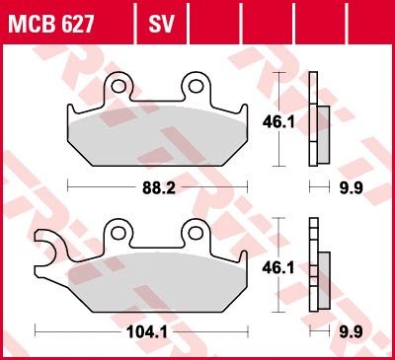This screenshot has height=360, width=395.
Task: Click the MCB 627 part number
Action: coord(51,24)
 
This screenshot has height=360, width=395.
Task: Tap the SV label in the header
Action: coord(161,24)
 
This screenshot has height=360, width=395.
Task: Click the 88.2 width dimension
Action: coord(159,188)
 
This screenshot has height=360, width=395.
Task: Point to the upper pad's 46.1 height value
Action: coord(278,122)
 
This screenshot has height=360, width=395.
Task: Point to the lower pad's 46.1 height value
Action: coord(278,268)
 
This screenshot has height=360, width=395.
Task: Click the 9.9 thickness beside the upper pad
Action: coord(352,188)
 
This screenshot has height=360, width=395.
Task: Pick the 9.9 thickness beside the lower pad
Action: coord(352,332)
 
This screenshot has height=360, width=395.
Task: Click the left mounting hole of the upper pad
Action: coord(118,87)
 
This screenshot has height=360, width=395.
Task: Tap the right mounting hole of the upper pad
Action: coord(196,86)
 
